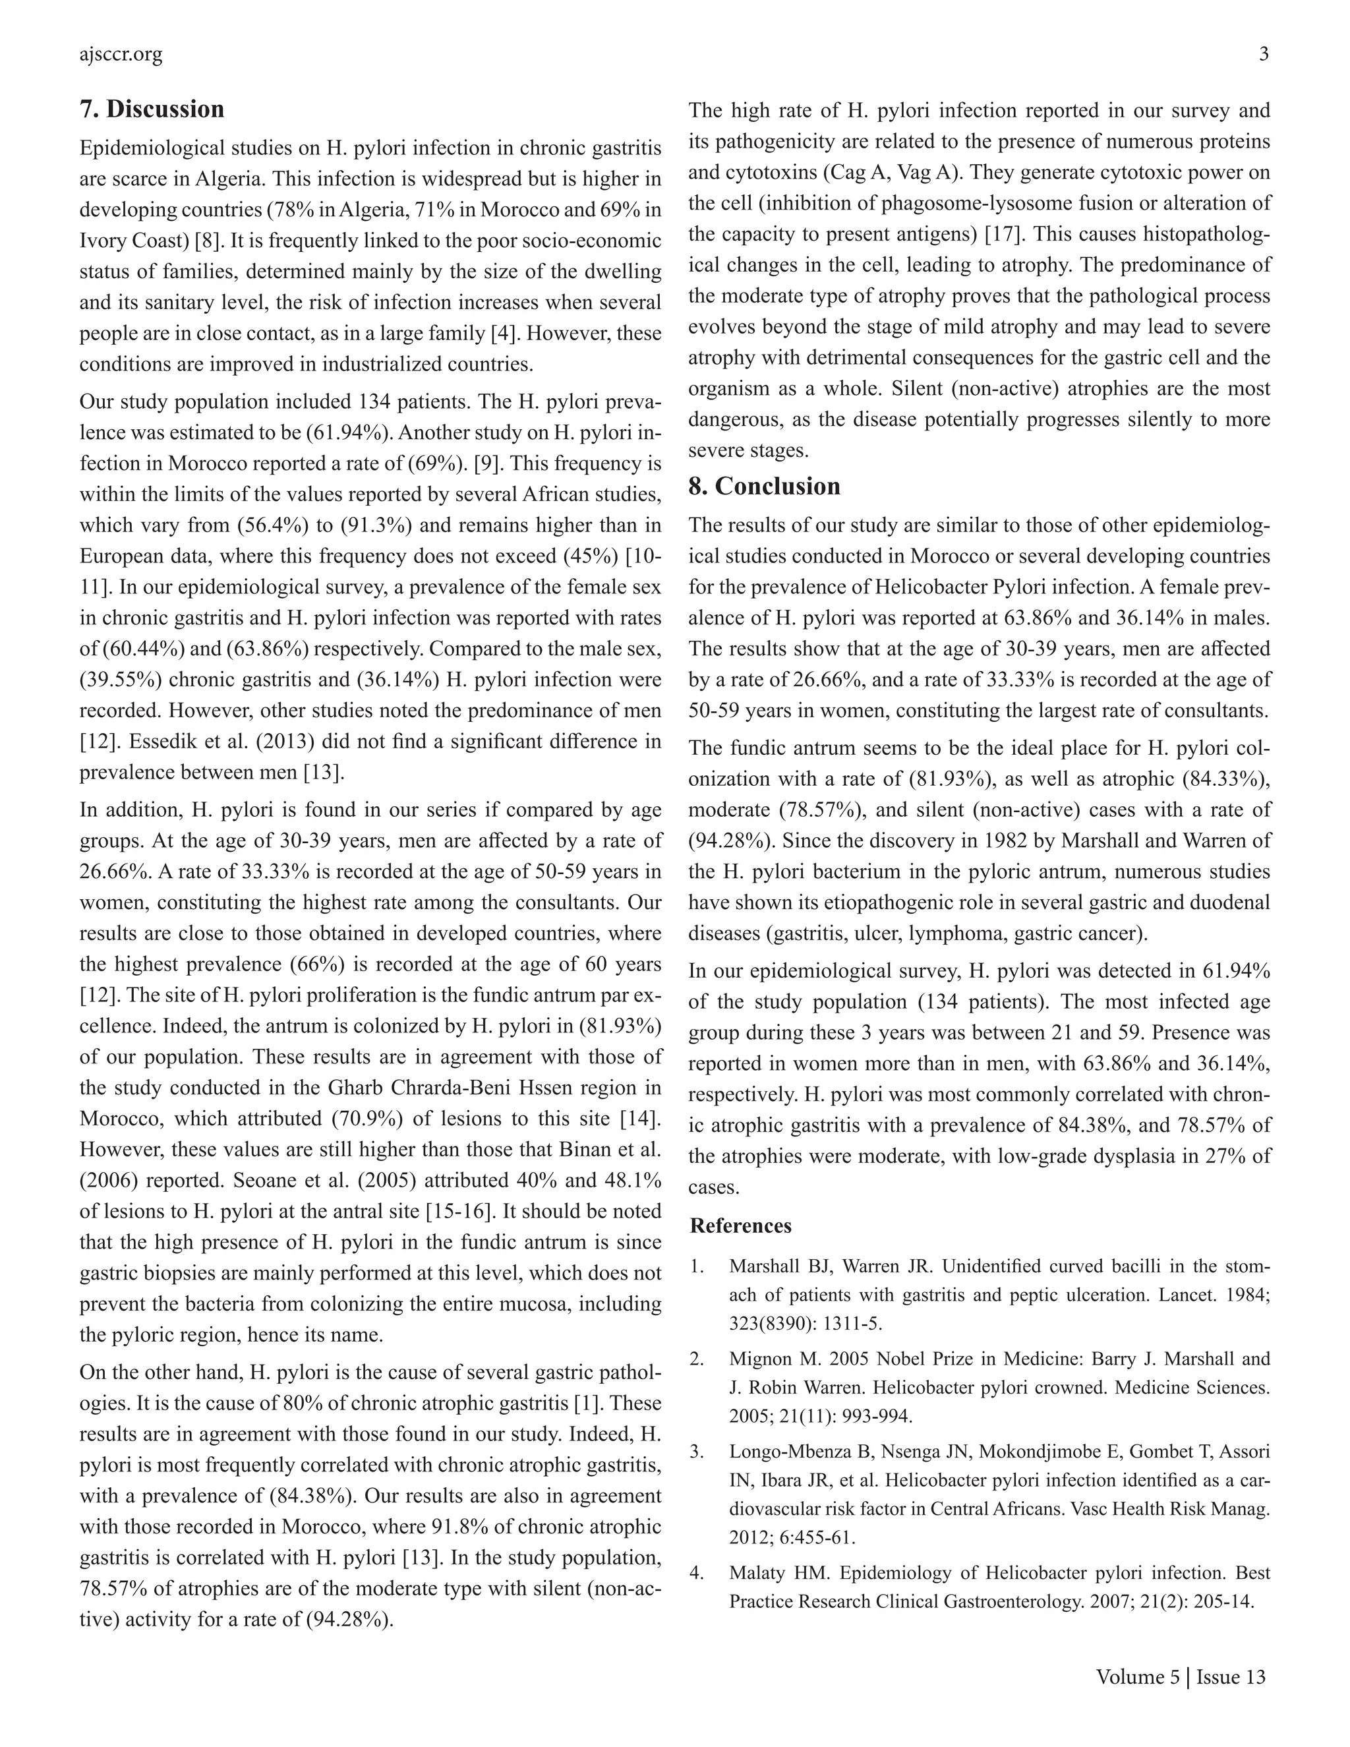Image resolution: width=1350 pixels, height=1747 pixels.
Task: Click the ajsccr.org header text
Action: (121, 55)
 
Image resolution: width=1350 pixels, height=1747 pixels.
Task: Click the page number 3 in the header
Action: (1264, 55)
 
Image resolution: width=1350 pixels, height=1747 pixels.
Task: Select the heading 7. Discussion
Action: (152, 109)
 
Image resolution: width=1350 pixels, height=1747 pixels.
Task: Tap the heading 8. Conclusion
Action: (764, 487)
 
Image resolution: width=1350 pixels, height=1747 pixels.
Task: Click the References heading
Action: (740, 1226)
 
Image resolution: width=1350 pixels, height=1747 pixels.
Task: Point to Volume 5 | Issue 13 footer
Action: (1181, 1676)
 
